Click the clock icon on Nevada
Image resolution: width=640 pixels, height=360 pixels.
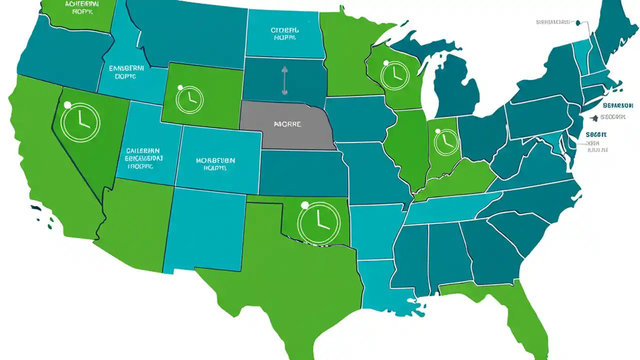tap(80, 122)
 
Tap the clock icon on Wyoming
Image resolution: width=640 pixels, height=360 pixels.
tap(189, 98)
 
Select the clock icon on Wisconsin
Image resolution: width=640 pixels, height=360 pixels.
tap(394, 75)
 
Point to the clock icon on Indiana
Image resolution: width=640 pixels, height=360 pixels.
tap(446, 141)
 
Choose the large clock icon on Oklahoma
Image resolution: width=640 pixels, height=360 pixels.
tap(318, 223)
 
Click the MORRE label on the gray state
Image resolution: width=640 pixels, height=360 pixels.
tap(287, 123)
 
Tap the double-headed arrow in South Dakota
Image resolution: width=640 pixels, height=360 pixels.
tap(284, 80)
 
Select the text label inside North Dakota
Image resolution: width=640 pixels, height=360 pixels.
tap(284, 33)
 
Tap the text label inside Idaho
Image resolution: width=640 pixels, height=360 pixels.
tap(126, 72)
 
